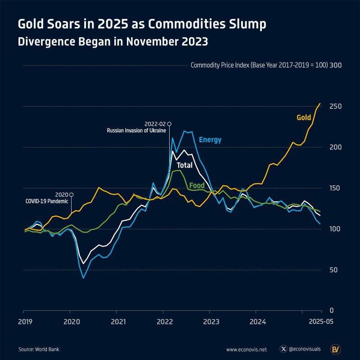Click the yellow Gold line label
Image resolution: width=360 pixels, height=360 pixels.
click(x=304, y=118)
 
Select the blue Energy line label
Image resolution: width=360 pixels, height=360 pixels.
click(x=210, y=140)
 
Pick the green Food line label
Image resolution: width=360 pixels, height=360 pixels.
click(x=197, y=185)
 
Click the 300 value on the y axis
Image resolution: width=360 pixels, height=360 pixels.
click(x=336, y=65)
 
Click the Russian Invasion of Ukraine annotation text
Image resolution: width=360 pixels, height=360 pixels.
click(x=136, y=130)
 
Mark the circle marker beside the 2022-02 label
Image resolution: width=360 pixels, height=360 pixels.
click(x=169, y=123)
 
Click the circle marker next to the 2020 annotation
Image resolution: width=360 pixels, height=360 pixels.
click(x=71, y=194)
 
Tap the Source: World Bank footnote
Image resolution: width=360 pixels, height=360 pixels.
click(x=39, y=349)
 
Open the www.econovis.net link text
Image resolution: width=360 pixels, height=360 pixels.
click(x=247, y=349)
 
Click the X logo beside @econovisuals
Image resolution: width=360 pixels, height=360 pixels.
click(x=283, y=349)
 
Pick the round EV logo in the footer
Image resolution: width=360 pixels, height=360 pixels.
click(x=335, y=349)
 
